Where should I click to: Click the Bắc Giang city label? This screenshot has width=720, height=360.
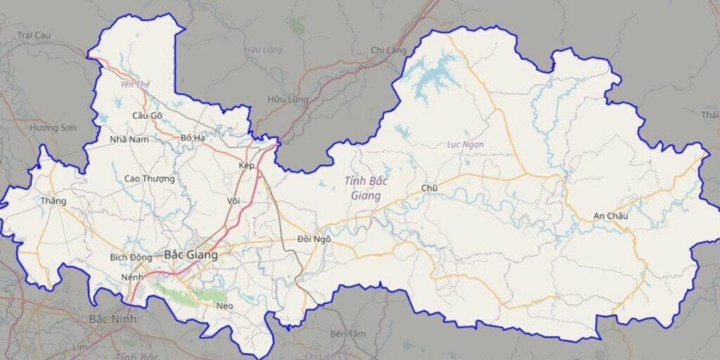pyautogui.click(x=191, y=255)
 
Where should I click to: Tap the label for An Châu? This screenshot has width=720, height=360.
pyautogui.click(x=610, y=216)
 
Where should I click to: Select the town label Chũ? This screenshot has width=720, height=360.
pyautogui.click(x=429, y=188)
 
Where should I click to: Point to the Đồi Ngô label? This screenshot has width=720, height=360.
pyautogui.click(x=314, y=240)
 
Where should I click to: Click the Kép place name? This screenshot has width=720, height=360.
pyautogui.click(x=246, y=165)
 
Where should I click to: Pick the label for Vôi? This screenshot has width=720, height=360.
pyautogui.click(x=233, y=200)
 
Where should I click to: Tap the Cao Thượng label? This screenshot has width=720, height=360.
pyautogui.click(x=149, y=179)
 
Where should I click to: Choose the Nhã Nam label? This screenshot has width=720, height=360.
pyautogui.click(x=129, y=139)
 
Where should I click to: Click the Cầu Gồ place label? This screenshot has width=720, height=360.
pyautogui.click(x=147, y=115)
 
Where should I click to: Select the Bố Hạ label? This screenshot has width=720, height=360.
pyautogui.click(x=193, y=138)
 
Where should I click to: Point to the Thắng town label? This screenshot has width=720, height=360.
pyautogui.click(x=53, y=201)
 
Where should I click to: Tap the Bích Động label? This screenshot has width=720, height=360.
pyautogui.click(x=131, y=257)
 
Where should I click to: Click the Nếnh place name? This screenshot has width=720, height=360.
pyautogui.click(x=131, y=277)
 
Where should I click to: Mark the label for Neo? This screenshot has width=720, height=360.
pyautogui.click(x=224, y=306)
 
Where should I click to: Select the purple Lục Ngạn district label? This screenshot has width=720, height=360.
pyautogui.click(x=465, y=145)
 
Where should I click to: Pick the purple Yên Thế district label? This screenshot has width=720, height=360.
pyautogui.click(x=135, y=84)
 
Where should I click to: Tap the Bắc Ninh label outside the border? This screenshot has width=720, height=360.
pyautogui.click(x=112, y=319)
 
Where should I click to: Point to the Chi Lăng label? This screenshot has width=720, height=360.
pyautogui.click(x=388, y=50)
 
